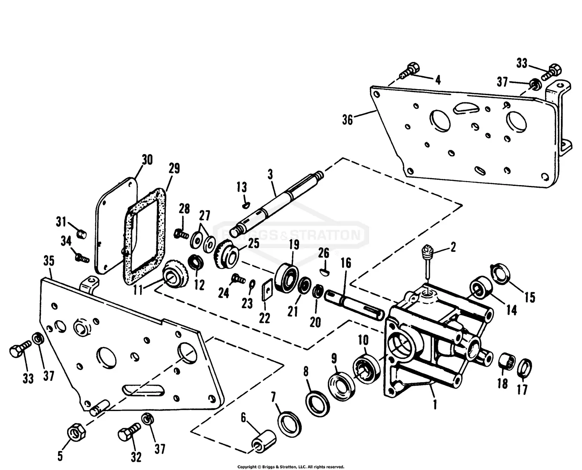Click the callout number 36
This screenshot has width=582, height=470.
point(347,120)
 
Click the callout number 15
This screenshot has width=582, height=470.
point(530,297)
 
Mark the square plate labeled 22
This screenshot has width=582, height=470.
point(267,290)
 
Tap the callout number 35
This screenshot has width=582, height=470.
point(48,261)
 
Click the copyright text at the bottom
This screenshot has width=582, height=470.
point(291,467)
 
